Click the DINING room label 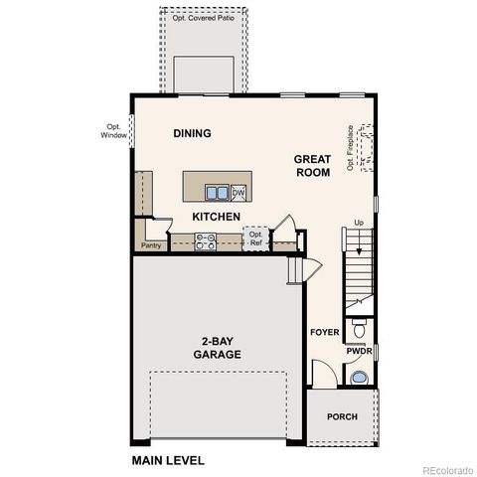[x=193, y=133]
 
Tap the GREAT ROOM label [x=312, y=165]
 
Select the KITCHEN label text [x=217, y=216]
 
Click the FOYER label [x=324, y=332]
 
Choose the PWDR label [x=359, y=351]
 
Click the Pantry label [x=151, y=244]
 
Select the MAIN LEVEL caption [x=168, y=461]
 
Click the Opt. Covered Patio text [x=204, y=18]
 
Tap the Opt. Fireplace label [x=351, y=148]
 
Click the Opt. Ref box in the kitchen [x=255, y=239]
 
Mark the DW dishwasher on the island [x=238, y=192]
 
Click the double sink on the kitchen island [x=217, y=192]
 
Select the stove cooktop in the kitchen [x=206, y=239]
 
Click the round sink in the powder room [x=360, y=377]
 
